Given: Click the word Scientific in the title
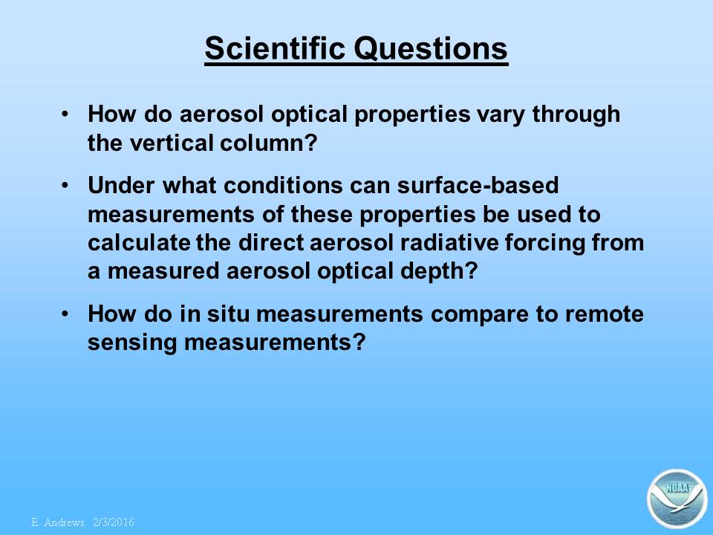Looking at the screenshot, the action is (275, 48).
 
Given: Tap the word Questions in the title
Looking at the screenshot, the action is (431, 49).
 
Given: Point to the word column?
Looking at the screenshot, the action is (268, 143).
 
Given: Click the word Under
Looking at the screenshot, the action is (121, 185).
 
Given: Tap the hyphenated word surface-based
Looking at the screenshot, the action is (478, 185).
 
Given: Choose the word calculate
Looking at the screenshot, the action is (139, 242).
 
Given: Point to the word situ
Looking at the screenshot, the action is (228, 314).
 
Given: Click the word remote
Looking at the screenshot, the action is (605, 314).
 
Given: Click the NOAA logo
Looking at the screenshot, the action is (677, 498).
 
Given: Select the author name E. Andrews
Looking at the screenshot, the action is (58, 522).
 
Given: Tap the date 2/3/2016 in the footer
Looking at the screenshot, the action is (114, 522).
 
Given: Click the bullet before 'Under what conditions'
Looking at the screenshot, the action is (65, 186).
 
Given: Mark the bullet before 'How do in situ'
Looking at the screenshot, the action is (65, 314).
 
